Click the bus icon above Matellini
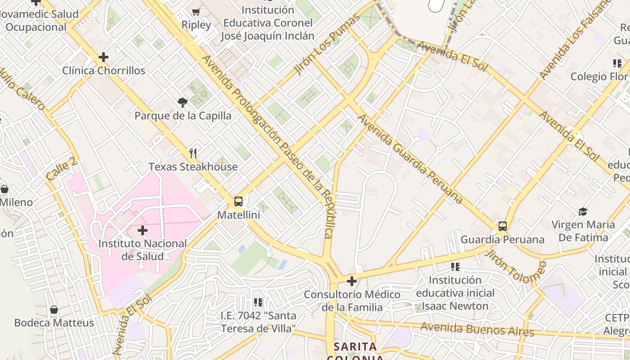click(x=238, y=201)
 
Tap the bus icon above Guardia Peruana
click(x=503, y=226)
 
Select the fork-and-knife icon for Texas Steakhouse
click(x=193, y=153)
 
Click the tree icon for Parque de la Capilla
click(x=183, y=103)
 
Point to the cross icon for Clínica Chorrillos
click(x=103, y=57)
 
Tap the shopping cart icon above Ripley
click(x=196, y=12)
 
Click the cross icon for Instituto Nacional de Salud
click(x=143, y=230)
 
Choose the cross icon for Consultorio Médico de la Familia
click(x=352, y=281)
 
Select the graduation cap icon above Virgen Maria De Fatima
click(x=583, y=211)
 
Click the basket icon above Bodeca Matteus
click(x=54, y=310)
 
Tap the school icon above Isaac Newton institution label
click(x=455, y=267)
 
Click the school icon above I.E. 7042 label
click(x=258, y=302)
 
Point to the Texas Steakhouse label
click(x=193, y=167)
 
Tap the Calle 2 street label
click(x=61, y=169)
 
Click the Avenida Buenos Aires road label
click(x=477, y=329)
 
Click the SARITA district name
click(x=355, y=347)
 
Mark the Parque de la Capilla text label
click(x=183, y=116)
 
